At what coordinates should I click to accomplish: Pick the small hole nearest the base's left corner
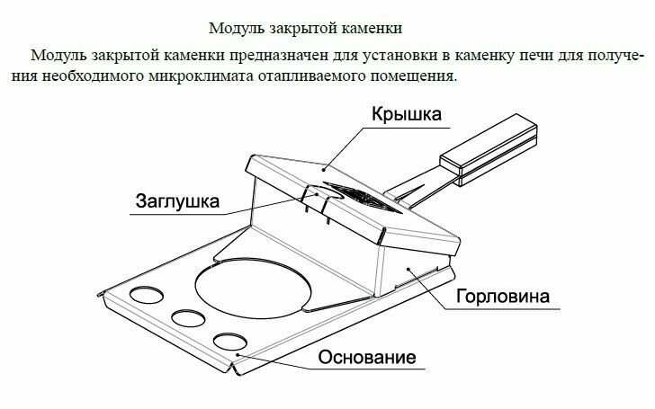point(147,296)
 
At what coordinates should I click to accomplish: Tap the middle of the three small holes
point(189,317)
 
